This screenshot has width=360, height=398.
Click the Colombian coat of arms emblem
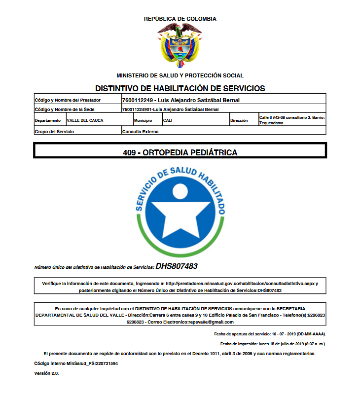coord(180,45)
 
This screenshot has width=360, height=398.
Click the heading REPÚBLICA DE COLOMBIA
coord(180,19)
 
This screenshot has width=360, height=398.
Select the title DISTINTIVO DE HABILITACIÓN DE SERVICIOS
coord(180,89)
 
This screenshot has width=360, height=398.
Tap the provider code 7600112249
coord(138,100)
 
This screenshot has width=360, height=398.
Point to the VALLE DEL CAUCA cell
coord(85,120)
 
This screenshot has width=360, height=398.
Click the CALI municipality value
coord(168,120)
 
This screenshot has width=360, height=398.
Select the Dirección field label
coord(239,120)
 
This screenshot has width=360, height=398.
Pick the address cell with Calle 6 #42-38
coord(291,120)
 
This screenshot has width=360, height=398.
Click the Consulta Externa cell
coord(141,132)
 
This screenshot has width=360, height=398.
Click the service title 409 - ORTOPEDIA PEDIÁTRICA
coord(180,152)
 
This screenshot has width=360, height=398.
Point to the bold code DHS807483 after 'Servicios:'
coord(177,266)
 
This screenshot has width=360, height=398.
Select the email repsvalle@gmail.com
coord(210,322)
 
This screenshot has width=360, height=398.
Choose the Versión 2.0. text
coord(46,373)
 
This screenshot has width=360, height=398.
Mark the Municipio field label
coord(143,120)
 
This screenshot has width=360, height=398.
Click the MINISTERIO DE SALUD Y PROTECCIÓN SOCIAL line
coord(180,75)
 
